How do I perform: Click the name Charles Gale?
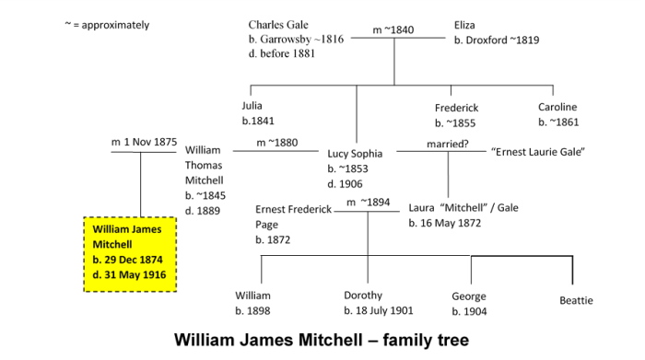[x=278, y=25]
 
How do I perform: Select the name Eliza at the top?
[x=466, y=25]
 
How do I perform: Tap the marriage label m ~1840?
[x=393, y=30]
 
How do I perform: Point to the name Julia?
[x=252, y=106]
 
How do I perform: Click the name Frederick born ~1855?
[x=457, y=108]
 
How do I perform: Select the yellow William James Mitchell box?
[x=130, y=253]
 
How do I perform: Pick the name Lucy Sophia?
[x=355, y=154]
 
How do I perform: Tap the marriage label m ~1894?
[x=368, y=203]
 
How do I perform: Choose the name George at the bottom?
[x=468, y=296]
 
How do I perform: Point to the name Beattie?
[x=576, y=301]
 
